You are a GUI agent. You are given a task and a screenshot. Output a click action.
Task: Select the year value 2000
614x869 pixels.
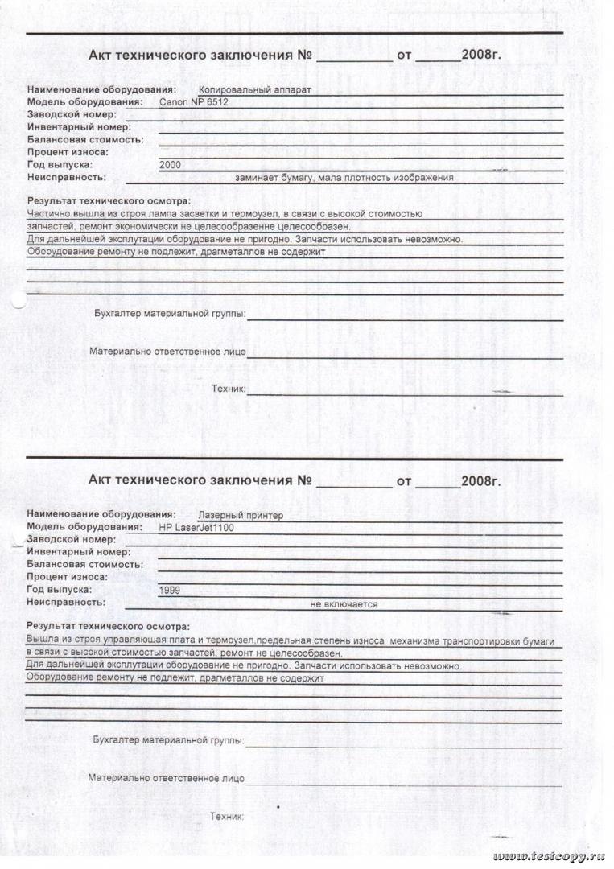pyautogui.click(x=171, y=164)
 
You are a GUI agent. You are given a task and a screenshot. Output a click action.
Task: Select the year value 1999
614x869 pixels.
pyautogui.click(x=170, y=590)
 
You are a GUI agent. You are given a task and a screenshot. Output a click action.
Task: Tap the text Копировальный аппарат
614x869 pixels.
pyautogui.click(x=253, y=90)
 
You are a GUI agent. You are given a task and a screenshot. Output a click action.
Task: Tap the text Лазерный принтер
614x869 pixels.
pyautogui.click(x=241, y=516)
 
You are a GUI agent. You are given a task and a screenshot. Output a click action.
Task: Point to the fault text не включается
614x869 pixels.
pyautogui.click(x=344, y=604)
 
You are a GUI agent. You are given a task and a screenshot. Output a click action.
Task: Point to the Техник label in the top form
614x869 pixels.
pyautogui.click(x=228, y=389)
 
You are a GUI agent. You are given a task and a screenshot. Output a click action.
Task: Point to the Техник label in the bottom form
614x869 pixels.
pyautogui.click(x=226, y=817)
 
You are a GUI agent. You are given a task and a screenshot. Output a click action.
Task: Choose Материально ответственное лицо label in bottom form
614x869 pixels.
pyautogui.click(x=167, y=778)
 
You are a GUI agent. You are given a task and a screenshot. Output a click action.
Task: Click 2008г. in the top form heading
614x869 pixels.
pyautogui.click(x=481, y=56)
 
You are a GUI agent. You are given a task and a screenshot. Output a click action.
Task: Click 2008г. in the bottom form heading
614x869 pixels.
pyautogui.click(x=481, y=481)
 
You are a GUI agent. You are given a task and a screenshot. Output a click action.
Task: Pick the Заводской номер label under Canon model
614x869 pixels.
pyautogui.click(x=72, y=115)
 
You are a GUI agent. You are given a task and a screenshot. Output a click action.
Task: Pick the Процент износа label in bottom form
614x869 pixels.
pyautogui.click(x=67, y=577)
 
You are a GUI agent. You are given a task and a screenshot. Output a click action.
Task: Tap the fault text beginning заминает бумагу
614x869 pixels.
pyautogui.click(x=344, y=178)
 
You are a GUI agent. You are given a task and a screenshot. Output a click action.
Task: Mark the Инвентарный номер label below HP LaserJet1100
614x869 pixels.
pyautogui.click(x=78, y=552)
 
